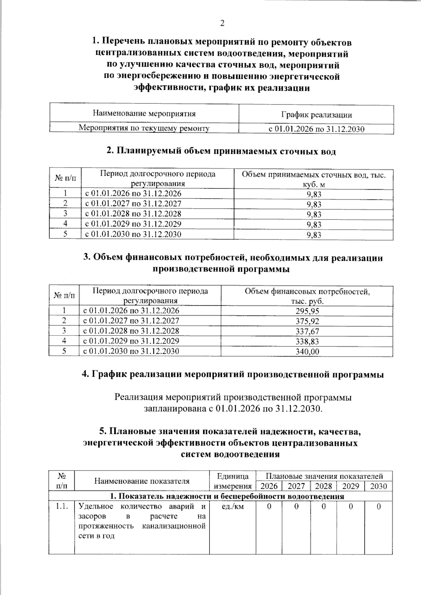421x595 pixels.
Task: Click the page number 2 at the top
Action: [222, 23]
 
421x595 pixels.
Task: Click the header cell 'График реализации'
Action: [316, 115]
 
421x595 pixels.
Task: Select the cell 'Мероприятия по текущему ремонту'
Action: [144, 128]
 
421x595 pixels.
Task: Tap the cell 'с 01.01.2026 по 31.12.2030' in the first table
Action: [316, 129]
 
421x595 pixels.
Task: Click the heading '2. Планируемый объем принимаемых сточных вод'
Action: [221, 151]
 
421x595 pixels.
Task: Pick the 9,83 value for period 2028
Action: [314, 215]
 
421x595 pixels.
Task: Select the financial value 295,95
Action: [307, 311]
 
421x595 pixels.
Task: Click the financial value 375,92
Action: [307, 321]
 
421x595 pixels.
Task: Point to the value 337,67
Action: [307, 331]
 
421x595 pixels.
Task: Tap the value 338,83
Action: [307, 342]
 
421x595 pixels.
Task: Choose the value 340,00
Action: [307, 352]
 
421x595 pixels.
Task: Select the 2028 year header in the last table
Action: [323, 486]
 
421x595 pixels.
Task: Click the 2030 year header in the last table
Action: [378, 486]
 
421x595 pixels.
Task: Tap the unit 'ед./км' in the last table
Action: [233, 506]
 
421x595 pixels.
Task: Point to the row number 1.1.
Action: [62, 506]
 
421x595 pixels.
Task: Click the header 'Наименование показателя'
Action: [142, 481]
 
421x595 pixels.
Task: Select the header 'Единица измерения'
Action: [233, 481]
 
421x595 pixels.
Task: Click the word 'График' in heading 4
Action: [109, 374]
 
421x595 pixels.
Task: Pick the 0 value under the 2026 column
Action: [269, 507]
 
